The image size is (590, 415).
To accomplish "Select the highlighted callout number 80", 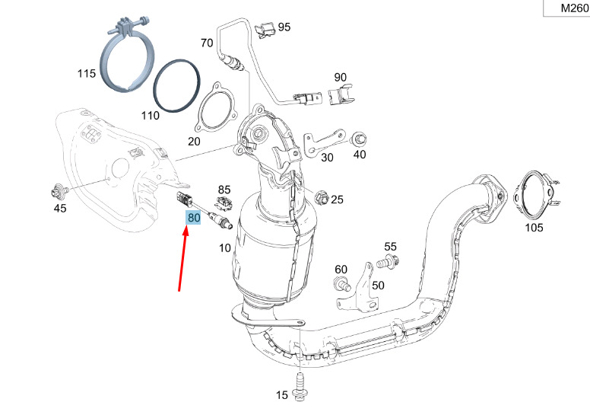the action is (x=193, y=218).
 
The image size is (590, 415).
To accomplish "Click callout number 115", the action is (x=86, y=74).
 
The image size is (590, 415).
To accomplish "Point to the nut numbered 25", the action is (x=320, y=197).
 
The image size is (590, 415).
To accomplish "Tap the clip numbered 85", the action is (x=224, y=203).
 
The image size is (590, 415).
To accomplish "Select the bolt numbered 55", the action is (x=385, y=263).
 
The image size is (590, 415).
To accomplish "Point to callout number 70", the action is (x=207, y=43).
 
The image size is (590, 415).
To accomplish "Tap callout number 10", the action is (x=225, y=248).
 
